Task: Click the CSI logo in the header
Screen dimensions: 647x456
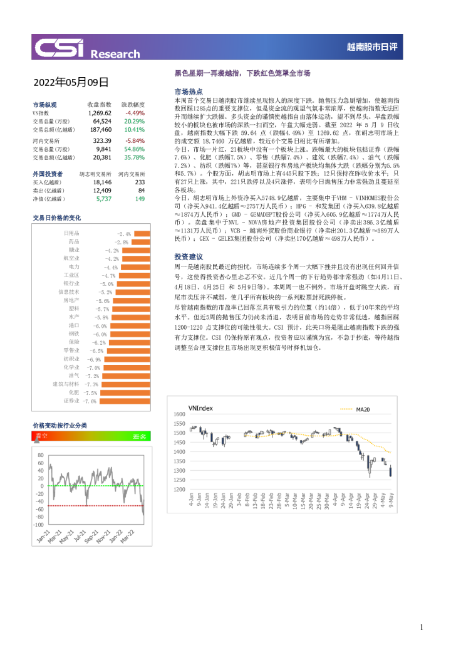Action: tap(60, 48)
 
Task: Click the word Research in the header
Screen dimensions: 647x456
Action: tap(115, 54)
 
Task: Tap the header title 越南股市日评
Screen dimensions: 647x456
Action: tap(373, 47)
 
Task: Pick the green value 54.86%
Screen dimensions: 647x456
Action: tap(135, 149)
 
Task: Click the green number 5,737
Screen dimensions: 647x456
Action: tap(104, 198)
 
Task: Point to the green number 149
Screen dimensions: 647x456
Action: tap(140, 198)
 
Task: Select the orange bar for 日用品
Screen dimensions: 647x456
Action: tap(142, 233)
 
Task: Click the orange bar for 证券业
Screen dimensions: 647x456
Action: tap(125, 401)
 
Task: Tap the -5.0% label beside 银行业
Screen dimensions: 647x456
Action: tap(106, 283)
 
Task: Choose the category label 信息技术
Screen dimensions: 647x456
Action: tap(69, 292)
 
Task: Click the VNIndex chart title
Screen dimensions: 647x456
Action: tap(200, 408)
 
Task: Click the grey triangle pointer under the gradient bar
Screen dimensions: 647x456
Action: tap(36, 441)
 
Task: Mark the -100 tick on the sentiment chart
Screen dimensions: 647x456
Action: tap(39, 524)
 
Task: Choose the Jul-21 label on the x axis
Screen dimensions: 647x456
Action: tap(80, 537)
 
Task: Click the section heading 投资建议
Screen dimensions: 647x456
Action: tap(189, 257)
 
